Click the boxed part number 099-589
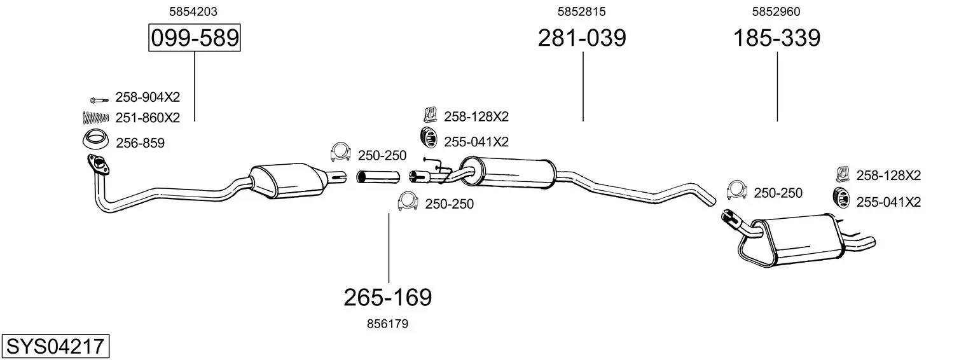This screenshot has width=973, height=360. point(194,38)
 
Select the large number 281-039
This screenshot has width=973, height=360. point(582,38)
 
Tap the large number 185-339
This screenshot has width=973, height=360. point(776,38)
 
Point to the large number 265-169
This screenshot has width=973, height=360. point(388,298)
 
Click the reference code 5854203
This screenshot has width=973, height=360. point(193,11)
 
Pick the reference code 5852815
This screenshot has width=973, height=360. point(582,11)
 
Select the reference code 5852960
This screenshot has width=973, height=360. point(776,11)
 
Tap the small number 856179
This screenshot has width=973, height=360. point(387,324)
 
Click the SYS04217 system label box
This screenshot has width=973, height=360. point(55,347)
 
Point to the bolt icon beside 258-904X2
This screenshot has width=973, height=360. point(99,100)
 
